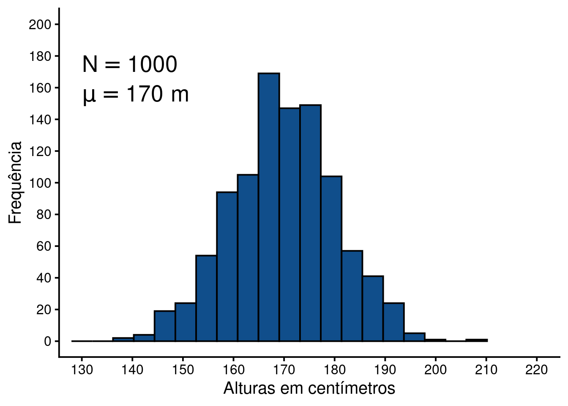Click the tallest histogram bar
pyautogui.click(x=269, y=207)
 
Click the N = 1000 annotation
pyautogui.click(x=130, y=65)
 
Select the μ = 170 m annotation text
pyautogui.click(x=136, y=94)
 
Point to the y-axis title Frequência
pyautogui.click(x=15, y=183)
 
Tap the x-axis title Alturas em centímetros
pyautogui.click(x=309, y=388)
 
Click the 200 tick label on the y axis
pyautogui.click(x=40, y=25)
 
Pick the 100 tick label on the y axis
pyautogui.click(x=40, y=183)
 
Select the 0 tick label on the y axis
pyautogui.click(x=47, y=341)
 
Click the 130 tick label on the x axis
pyautogui.click(x=82, y=370)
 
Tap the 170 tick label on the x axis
pyautogui.click(x=284, y=370)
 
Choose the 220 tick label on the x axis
pyautogui.click(x=536, y=370)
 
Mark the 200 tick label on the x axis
pyautogui.click(x=435, y=370)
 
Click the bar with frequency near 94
pyautogui.click(x=227, y=266)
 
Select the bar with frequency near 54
pyautogui.click(x=206, y=298)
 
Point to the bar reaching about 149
pyautogui.click(x=310, y=223)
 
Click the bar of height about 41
pyautogui.click(x=373, y=309)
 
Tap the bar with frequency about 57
pyautogui.click(x=352, y=296)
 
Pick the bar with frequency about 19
pyautogui.click(x=165, y=326)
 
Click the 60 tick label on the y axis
pyautogui.click(x=43, y=246)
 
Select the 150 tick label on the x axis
pyautogui.click(x=183, y=370)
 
